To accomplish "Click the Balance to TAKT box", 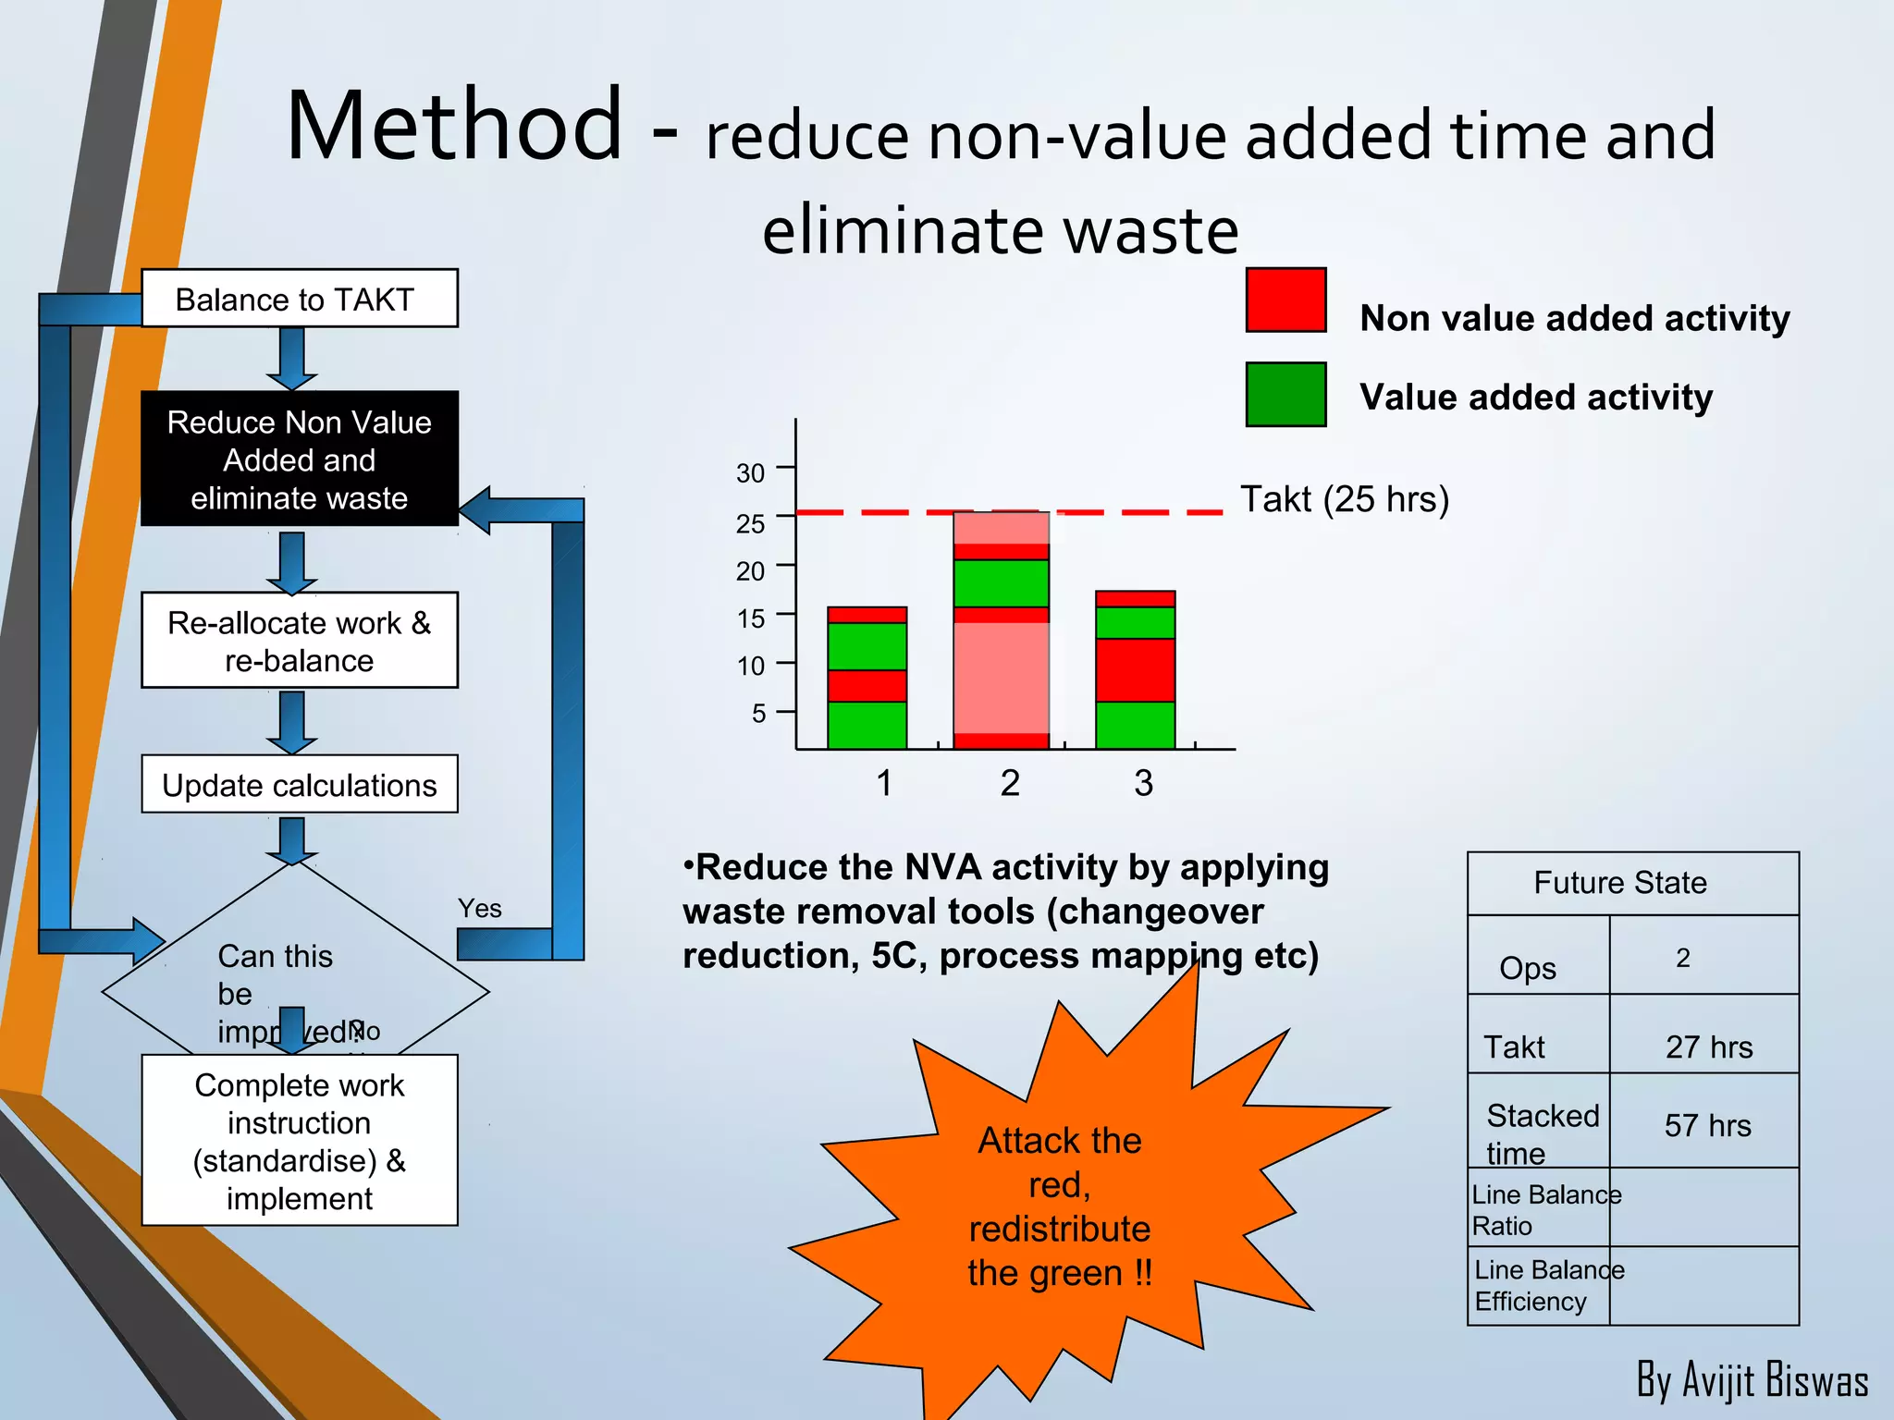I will point(299,299).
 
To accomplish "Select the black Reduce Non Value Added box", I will point(299,459).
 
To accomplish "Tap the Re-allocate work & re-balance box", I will point(299,641).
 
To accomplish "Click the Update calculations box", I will point(299,785).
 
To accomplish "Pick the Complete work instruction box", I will point(299,1141).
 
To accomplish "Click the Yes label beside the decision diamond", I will point(479,909).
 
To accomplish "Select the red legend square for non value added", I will point(1285,300).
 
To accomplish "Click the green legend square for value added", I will point(1285,395).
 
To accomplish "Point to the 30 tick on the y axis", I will point(751,473).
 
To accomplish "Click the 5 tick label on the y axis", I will point(758,714).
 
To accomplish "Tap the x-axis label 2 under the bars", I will point(1010,784).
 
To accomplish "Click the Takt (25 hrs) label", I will point(1344,499).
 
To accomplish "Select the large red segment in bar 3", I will point(1135,670).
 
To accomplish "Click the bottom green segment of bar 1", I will point(867,726).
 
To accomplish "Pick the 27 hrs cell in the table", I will point(1708,1047).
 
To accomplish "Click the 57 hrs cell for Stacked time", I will point(1707,1126).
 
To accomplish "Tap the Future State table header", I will point(1620,883).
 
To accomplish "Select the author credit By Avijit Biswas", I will point(1752,1380).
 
